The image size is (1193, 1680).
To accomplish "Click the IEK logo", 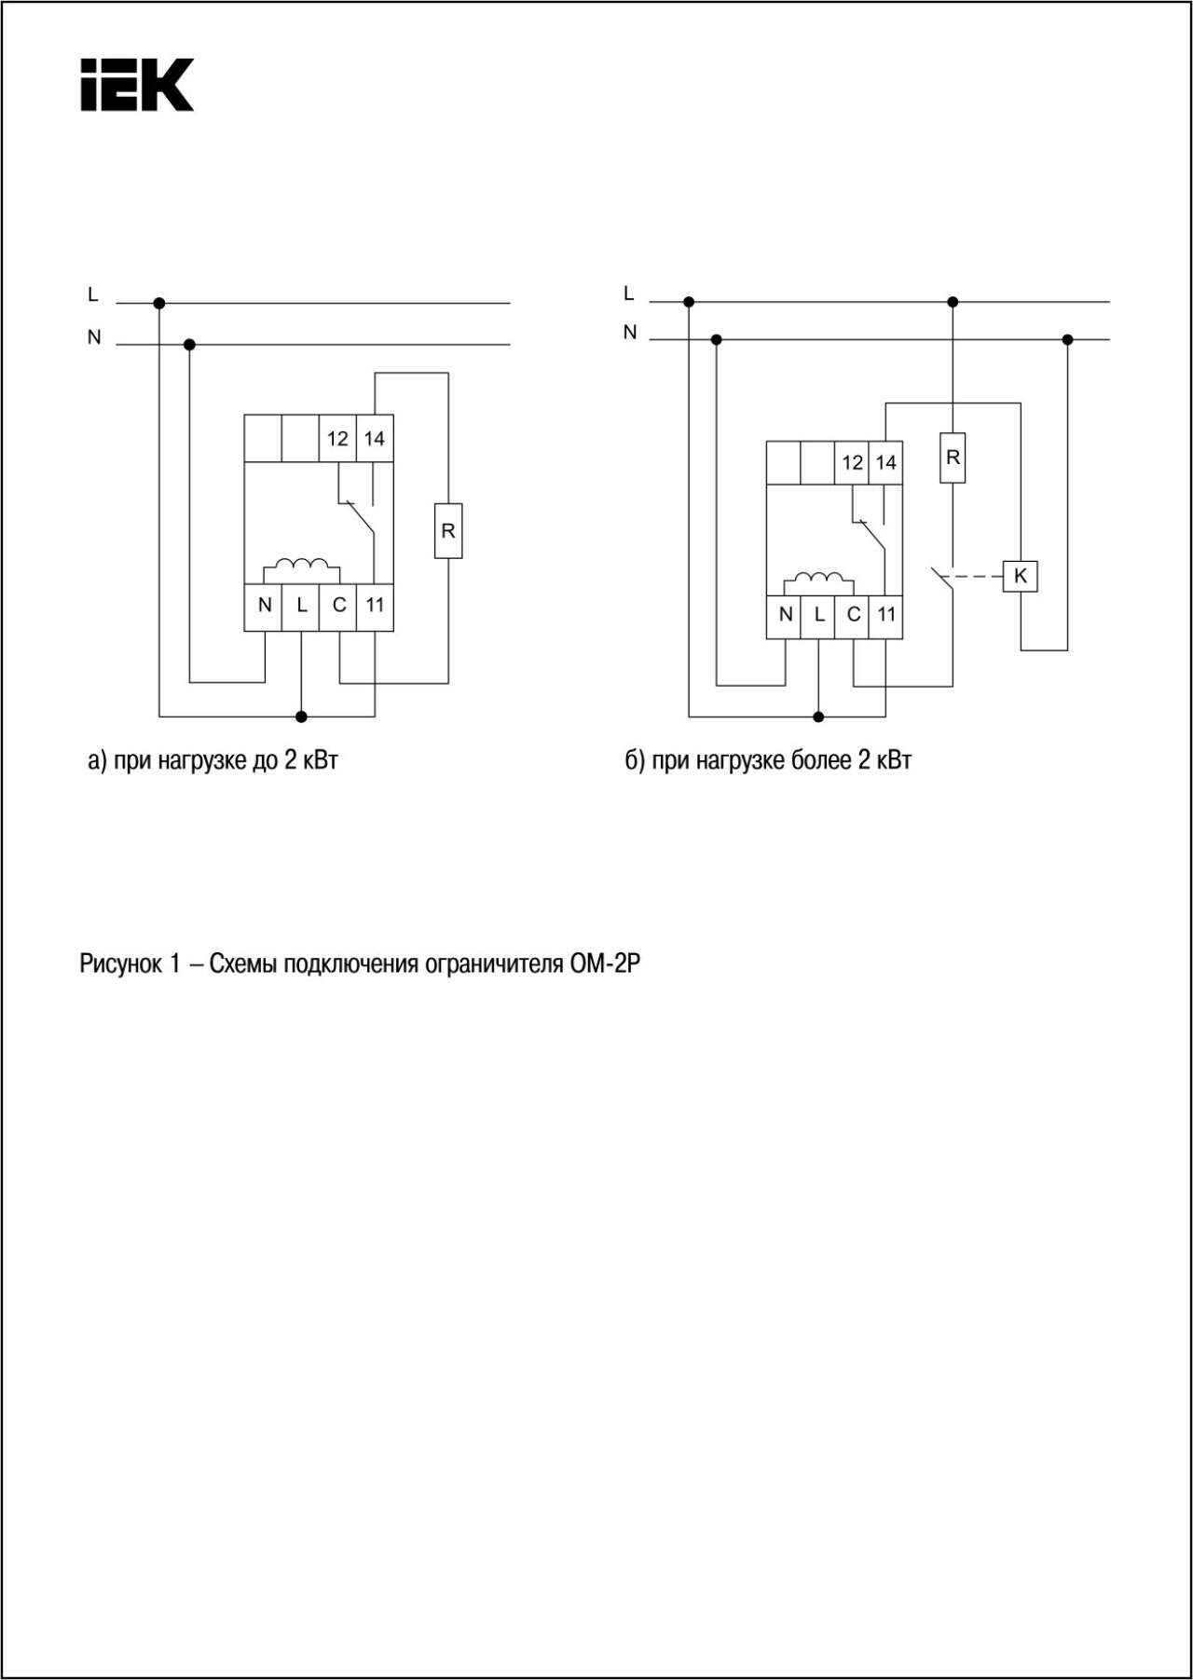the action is (137, 85).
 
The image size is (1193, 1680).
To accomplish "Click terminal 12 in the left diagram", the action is (337, 438).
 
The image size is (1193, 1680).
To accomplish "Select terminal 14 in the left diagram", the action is (375, 438).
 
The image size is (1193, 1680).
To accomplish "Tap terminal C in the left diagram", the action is (338, 606).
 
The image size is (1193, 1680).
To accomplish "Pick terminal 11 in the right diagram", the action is (885, 615).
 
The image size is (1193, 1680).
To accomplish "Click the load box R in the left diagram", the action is (448, 531).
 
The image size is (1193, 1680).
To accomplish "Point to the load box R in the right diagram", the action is (953, 458).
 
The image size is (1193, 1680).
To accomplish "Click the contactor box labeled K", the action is (1021, 576).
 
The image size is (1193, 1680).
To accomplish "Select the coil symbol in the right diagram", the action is (818, 580).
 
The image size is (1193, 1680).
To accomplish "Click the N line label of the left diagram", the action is (94, 337).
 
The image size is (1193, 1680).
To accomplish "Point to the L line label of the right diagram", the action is (629, 294).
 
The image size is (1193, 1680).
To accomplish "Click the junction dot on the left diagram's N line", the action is (190, 345).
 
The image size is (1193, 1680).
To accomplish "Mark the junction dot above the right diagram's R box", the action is (953, 302).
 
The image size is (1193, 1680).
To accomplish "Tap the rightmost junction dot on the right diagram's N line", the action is (1068, 339).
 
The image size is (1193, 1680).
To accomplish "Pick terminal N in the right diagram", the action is (785, 615).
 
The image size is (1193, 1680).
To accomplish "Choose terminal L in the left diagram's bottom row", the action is (301, 606).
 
